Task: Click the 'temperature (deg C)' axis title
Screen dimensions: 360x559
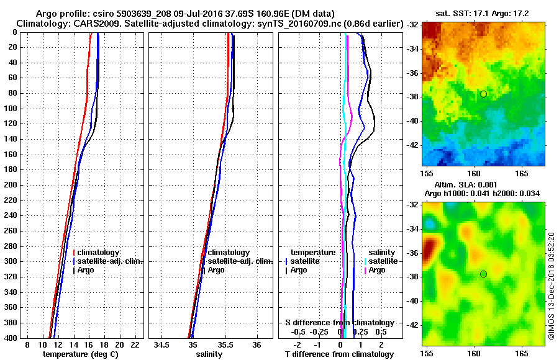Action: point(80,354)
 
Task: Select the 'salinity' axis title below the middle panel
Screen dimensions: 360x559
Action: point(209,354)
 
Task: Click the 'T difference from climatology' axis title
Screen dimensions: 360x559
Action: point(339,354)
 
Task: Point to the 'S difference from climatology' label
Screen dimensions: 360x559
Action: point(339,323)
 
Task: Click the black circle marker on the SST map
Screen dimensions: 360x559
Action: point(483,94)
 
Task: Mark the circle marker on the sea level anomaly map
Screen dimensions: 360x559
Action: point(483,274)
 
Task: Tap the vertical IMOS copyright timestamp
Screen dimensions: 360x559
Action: point(551,286)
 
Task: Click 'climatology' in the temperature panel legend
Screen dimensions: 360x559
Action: point(98,253)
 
